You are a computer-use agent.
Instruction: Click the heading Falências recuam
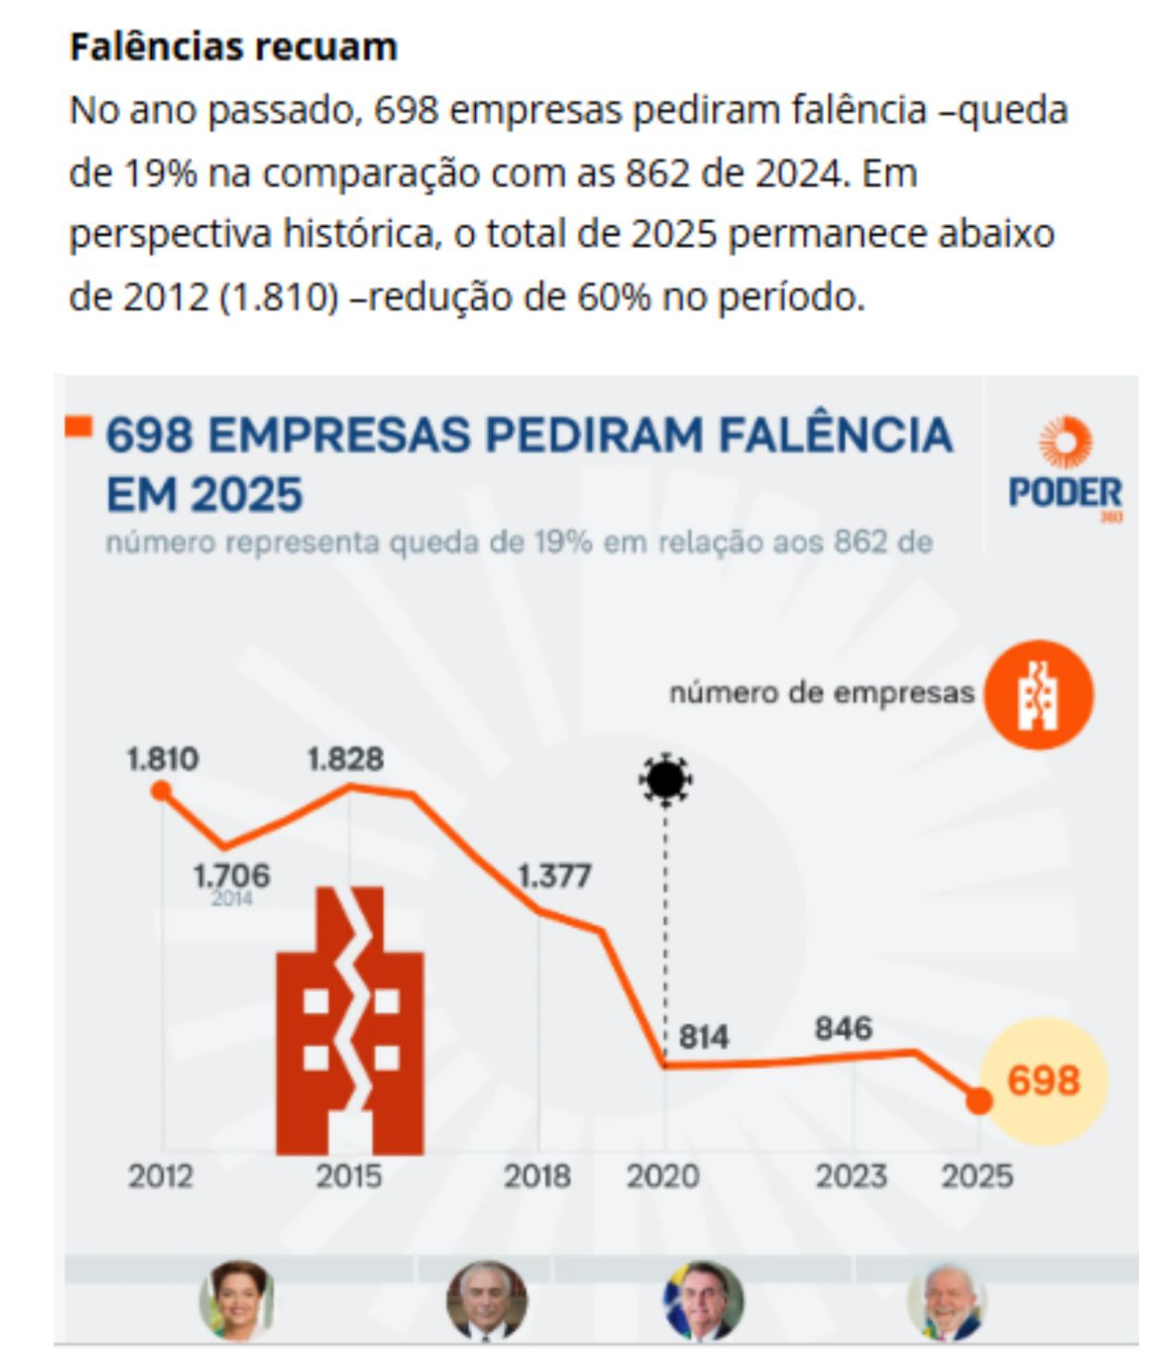point(233,46)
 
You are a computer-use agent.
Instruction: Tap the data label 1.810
point(163,759)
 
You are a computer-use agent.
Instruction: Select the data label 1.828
point(345,759)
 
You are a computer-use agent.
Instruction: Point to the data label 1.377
point(554,875)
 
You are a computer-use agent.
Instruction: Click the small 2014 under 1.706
point(231,898)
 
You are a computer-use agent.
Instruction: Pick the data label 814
point(704,1036)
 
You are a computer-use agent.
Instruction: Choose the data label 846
point(843,1028)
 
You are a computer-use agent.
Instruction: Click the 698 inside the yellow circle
point(1043,1080)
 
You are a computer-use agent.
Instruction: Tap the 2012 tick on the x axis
point(161,1175)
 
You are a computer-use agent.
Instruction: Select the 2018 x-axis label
point(537,1175)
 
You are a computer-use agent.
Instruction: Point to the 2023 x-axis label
point(851,1175)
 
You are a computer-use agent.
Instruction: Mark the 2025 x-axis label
point(977,1175)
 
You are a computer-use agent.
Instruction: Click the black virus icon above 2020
point(665,779)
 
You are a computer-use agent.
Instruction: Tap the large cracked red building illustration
point(350,1020)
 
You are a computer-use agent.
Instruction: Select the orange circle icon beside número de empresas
point(1039,695)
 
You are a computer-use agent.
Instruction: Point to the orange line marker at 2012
point(161,790)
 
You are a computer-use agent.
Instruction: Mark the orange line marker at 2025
point(979,1101)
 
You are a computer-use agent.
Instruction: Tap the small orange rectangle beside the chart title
point(79,427)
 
